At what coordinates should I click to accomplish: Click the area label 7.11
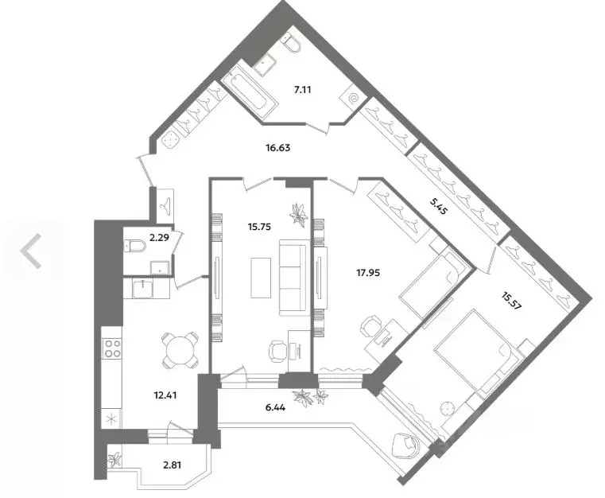coord(301,90)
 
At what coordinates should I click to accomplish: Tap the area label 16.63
coord(278,147)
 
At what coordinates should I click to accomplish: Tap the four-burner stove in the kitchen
coord(112,348)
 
